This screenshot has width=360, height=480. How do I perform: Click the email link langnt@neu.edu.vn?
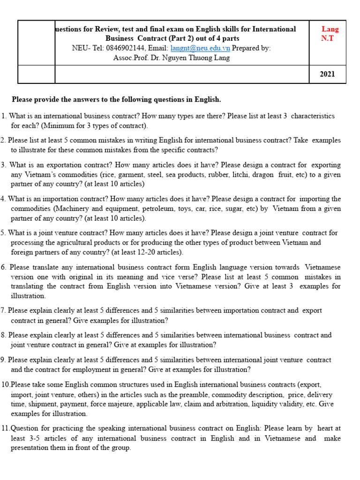(x=200, y=48)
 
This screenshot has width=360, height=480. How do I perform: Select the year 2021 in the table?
(x=327, y=74)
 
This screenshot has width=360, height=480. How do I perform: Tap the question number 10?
(x=5, y=384)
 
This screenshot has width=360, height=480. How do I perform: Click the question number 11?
(x=5, y=428)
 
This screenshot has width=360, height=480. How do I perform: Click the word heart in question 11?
(x=329, y=428)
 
